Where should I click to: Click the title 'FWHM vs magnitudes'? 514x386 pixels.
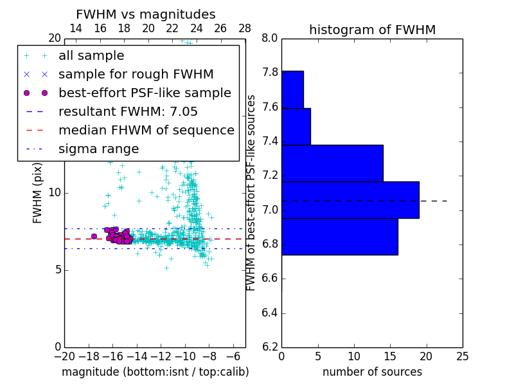[145, 14]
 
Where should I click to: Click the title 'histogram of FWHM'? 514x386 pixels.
[372, 30]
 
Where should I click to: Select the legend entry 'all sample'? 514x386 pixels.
[91, 56]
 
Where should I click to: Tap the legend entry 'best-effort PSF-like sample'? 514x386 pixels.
[145, 93]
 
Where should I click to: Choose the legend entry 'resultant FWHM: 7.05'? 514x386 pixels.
[128, 111]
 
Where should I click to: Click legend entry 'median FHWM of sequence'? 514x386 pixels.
[146, 130]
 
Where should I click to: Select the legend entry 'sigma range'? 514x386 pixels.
[98, 149]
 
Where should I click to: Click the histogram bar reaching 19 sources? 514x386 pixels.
[350, 200]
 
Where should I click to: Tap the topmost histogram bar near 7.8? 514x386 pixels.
[292, 89]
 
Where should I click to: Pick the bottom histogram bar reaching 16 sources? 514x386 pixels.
[339, 237]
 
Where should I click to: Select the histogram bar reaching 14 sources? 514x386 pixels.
[332, 163]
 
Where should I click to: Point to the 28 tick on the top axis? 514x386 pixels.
[245, 28]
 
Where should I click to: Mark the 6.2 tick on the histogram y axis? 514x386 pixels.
[270, 347]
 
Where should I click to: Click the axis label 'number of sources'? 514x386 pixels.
[372, 372]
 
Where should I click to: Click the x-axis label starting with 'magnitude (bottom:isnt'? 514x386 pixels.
[155, 372]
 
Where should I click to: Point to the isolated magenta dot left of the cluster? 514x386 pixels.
[94, 236]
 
